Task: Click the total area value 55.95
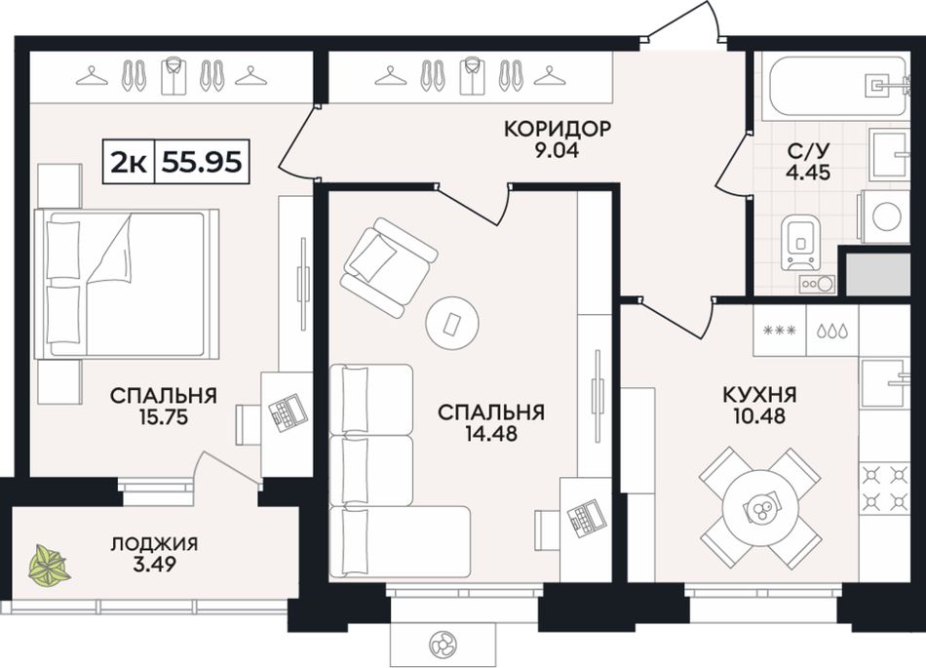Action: pyautogui.click(x=202, y=161)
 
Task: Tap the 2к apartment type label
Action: pyautogui.click(x=129, y=161)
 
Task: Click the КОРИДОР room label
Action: pyautogui.click(x=557, y=128)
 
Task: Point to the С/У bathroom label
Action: pyautogui.click(x=808, y=151)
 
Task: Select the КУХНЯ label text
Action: pyautogui.click(x=759, y=394)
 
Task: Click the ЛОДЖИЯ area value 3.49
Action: pyautogui.click(x=154, y=565)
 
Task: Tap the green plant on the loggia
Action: pyautogui.click(x=50, y=566)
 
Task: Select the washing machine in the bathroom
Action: pyautogui.click(x=885, y=216)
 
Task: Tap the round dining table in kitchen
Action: pyautogui.click(x=761, y=507)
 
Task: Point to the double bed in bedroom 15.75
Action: pyautogui.click(x=127, y=284)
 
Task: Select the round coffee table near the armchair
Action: pyautogui.click(x=451, y=323)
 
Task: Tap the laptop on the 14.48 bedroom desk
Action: pyautogui.click(x=586, y=517)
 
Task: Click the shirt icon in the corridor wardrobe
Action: pyautogui.click(x=472, y=76)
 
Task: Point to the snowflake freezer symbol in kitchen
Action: pyautogui.click(x=780, y=331)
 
